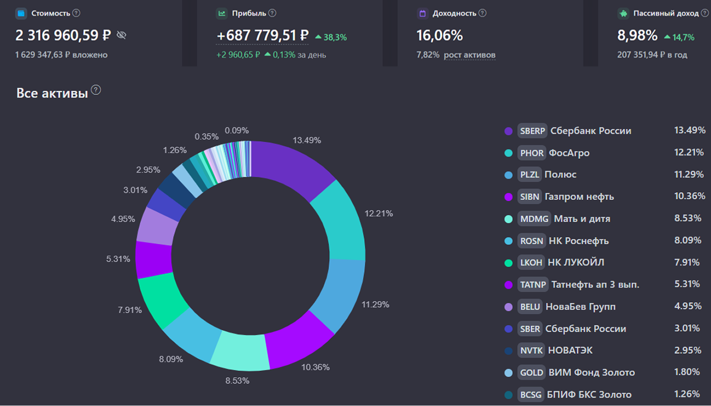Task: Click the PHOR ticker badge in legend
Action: point(532,153)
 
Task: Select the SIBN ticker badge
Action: point(529,197)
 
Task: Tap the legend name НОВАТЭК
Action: point(569,350)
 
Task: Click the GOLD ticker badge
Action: point(531,373)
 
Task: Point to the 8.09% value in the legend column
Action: point(688,240)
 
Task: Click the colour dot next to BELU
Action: point(508,307)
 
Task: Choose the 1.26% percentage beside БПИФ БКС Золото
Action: point(687,394)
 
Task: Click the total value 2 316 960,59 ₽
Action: point(63,36)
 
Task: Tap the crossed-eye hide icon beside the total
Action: point(122,36)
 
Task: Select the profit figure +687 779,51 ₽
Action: point(263,36)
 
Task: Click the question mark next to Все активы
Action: point(96,90)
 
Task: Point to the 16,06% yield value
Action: point(440,36)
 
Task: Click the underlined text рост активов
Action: point(470,55)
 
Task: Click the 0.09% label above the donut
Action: point(236,131)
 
